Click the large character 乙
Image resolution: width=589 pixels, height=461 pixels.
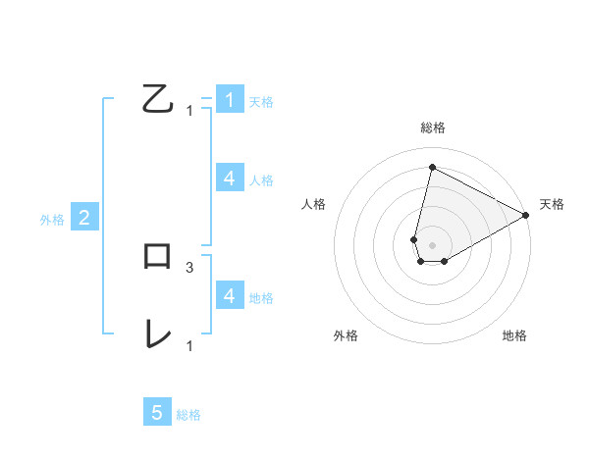point(157,100)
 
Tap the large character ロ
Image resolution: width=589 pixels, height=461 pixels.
point(157,257)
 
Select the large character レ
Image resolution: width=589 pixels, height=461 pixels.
point(157,334)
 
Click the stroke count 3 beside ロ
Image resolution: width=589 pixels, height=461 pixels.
point(189,267)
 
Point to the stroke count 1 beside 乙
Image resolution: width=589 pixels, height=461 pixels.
point(189,110)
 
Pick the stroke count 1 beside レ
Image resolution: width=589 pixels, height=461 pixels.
point(189,345)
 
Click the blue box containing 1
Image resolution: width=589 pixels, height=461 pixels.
point(229,100)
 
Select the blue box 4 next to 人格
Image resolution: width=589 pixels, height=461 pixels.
point(229,179)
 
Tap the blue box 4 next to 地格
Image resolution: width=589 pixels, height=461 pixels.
point(229,296)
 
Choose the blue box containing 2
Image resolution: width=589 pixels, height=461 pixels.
point(83,218)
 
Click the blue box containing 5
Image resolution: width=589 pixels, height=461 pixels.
point(157,413)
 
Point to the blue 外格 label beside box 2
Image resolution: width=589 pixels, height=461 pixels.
point(52,220)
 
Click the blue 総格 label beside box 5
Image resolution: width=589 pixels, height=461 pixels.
point(188,415)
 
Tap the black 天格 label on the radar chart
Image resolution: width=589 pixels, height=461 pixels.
point(552,204)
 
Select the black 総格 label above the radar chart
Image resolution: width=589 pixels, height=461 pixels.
point(433,128)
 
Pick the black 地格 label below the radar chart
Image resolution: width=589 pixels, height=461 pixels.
point(514,335)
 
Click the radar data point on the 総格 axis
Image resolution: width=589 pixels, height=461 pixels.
point(432,167)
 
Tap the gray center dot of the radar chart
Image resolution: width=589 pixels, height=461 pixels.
point(432,245)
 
